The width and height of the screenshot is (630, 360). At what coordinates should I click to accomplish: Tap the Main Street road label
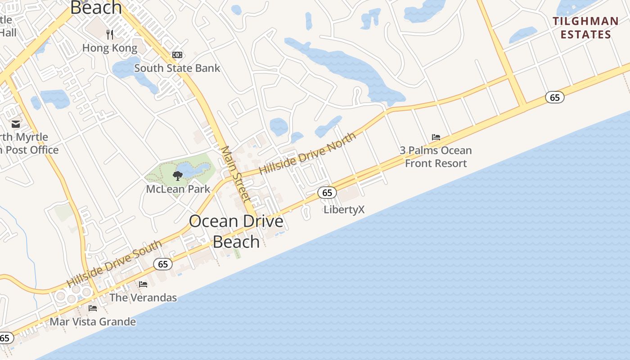pos(235,174)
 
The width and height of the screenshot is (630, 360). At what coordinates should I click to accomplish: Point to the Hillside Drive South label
pos(114,264)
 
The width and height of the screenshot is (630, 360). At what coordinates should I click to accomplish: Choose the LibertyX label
pos(344,209)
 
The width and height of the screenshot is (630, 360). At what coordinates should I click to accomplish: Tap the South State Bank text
pos(177,68)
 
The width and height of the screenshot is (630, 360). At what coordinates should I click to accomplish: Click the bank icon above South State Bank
pos(177,55)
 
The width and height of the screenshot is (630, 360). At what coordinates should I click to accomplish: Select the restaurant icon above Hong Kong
pos(109,34)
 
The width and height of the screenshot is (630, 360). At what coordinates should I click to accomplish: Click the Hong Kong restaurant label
pos(109,48)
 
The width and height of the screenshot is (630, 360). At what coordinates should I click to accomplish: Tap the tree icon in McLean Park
pos(178,175)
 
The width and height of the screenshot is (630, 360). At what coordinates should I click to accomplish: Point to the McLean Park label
pos(178,189)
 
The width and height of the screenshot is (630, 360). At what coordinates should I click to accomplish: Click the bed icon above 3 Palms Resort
pos(436,137)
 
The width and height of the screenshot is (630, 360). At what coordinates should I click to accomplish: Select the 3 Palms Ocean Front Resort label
pos(436,157)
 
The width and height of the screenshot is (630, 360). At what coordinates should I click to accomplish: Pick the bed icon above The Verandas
pos(143,284)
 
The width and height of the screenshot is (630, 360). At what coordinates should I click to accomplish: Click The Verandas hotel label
pos(143,297)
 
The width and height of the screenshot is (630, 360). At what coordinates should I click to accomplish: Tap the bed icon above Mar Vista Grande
pos(93,308)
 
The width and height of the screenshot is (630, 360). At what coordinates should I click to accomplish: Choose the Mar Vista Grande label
pos(93,321)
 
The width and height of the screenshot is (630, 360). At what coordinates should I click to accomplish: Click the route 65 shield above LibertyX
pos(327,193)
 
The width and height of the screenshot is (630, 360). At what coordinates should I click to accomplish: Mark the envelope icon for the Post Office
pos(16,124)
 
